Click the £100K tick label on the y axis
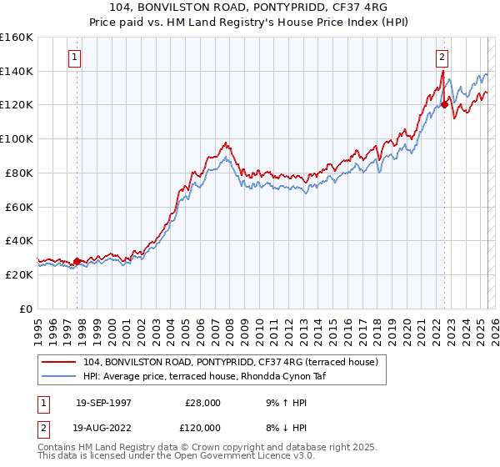pyautogui.click(x=16, y=138)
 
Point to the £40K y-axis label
pyautogui.click(x=18, y=240)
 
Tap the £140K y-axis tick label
pyautogui.click(x=16, y=71)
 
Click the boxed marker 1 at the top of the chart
pyautogui.click(x=75, y=58)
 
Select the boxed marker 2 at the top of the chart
pyautogui.click(x=442, y=58)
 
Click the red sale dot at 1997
pyautogui.click(x=77, y=261)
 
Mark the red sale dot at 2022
pyautogui.click(x=445, y=105)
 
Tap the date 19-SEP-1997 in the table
pyautogui.click(x=103, y=403)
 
